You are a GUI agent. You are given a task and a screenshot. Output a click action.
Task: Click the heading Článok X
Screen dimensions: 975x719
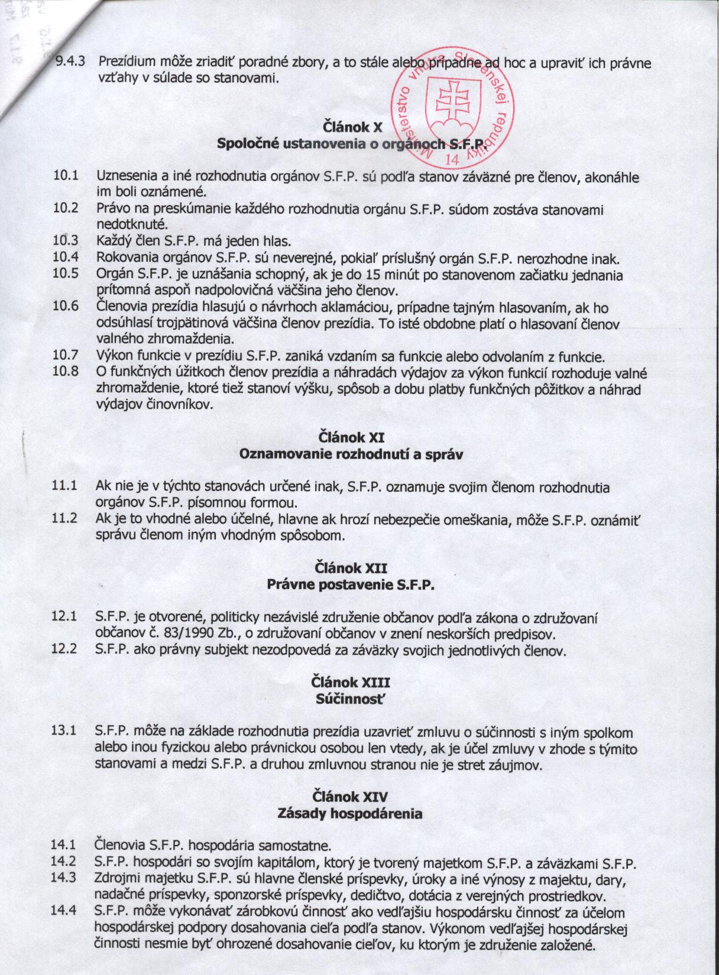click(350, 126)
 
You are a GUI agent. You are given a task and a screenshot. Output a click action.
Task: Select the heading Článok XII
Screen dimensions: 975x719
click(351, 568)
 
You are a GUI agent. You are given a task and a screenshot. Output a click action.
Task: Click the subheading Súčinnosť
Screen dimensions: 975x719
click(351, 698)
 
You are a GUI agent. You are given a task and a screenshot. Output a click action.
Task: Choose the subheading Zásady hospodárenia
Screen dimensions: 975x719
click(350, 813)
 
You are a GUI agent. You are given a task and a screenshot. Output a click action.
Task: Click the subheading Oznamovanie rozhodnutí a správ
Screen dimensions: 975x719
click(350, 455)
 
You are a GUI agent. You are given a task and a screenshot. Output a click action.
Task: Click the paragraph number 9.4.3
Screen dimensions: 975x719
click(70, 61)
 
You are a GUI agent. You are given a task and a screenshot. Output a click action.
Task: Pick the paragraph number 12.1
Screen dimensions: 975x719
click(65, 617)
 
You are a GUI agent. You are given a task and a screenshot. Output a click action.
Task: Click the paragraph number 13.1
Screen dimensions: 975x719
click(65, 732)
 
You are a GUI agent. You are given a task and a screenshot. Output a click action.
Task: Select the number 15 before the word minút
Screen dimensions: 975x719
click(373, 275)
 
